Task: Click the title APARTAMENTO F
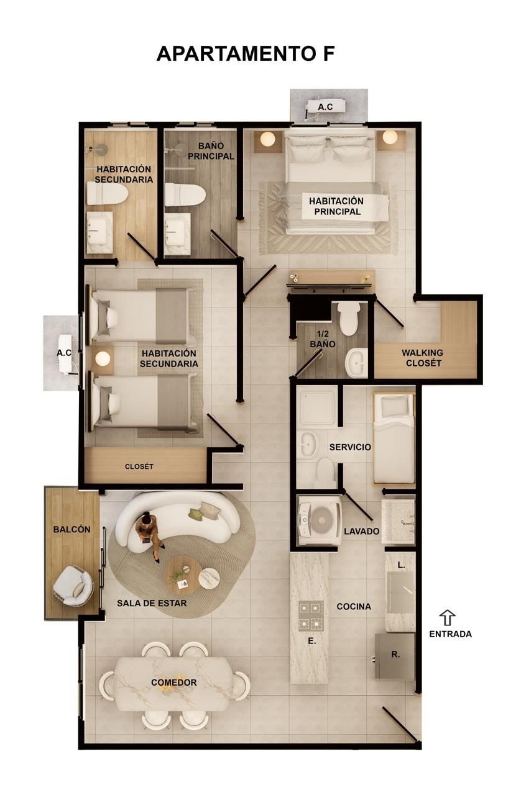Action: pos(245,53)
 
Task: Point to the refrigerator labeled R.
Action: pos(395,656)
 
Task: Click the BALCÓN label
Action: pos(71,529)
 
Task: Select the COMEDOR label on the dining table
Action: pos(174,682)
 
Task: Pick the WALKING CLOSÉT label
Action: pos(423,358)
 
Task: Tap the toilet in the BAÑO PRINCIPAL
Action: pos(185,194)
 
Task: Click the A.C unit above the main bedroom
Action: pos(326,107)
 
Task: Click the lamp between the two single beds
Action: pos(103,358)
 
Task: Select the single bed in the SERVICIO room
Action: pos(394,438)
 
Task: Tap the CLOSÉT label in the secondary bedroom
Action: pos(139,466)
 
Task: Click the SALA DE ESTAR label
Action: pos(152,603)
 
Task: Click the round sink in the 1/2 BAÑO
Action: pos(357,363)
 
